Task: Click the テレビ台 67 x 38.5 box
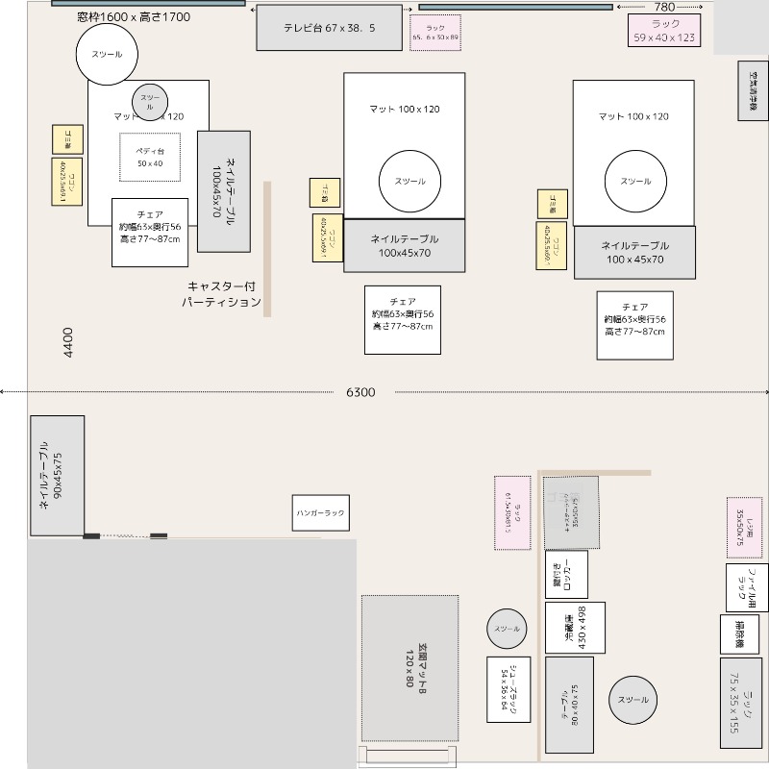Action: click(x=329, y=29)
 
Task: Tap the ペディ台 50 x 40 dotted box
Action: click(x=148, y=157)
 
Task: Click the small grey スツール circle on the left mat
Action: click(x=150, y=99)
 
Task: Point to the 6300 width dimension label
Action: click(x=360, y=392)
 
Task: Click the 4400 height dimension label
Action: click(x=67, y=342)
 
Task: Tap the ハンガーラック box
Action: click(x=320, y=513)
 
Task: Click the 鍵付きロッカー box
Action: click(x=566, y=574)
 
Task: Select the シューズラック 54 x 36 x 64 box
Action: click(x=509, y=688)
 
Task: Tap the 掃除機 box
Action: click(x=739, y=633)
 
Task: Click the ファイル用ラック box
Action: click(x=746, y=587)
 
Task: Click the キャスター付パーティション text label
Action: click(x=223, y=294)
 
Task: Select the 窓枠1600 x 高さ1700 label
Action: click(x=134, y=17)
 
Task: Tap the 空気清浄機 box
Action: click(x=754, y=91)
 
